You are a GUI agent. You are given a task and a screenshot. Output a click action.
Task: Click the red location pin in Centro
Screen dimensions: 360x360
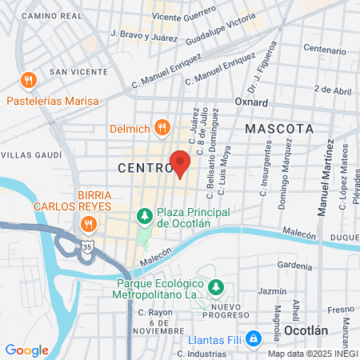pos(181,162)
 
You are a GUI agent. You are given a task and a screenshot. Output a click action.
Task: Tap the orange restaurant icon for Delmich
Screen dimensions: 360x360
pos(162,126)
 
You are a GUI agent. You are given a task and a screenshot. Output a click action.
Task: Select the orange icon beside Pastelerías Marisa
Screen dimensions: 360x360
pos(29,80)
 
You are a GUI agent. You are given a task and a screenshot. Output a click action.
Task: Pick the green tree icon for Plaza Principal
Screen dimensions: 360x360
pos(144,215)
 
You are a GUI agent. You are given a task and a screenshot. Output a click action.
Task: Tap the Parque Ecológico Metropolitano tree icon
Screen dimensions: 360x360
pos(214,286)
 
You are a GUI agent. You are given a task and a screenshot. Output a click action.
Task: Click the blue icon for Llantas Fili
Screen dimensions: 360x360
pos(254,338)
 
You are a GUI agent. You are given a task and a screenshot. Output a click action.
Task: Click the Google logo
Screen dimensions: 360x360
pos(26,350)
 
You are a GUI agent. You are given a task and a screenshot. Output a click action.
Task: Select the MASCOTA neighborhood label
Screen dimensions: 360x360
pos(278,128)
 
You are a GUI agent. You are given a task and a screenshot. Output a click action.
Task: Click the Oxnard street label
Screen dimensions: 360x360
pos(250,102)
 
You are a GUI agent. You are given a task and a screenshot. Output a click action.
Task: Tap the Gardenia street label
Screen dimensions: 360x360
pos(294,266)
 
